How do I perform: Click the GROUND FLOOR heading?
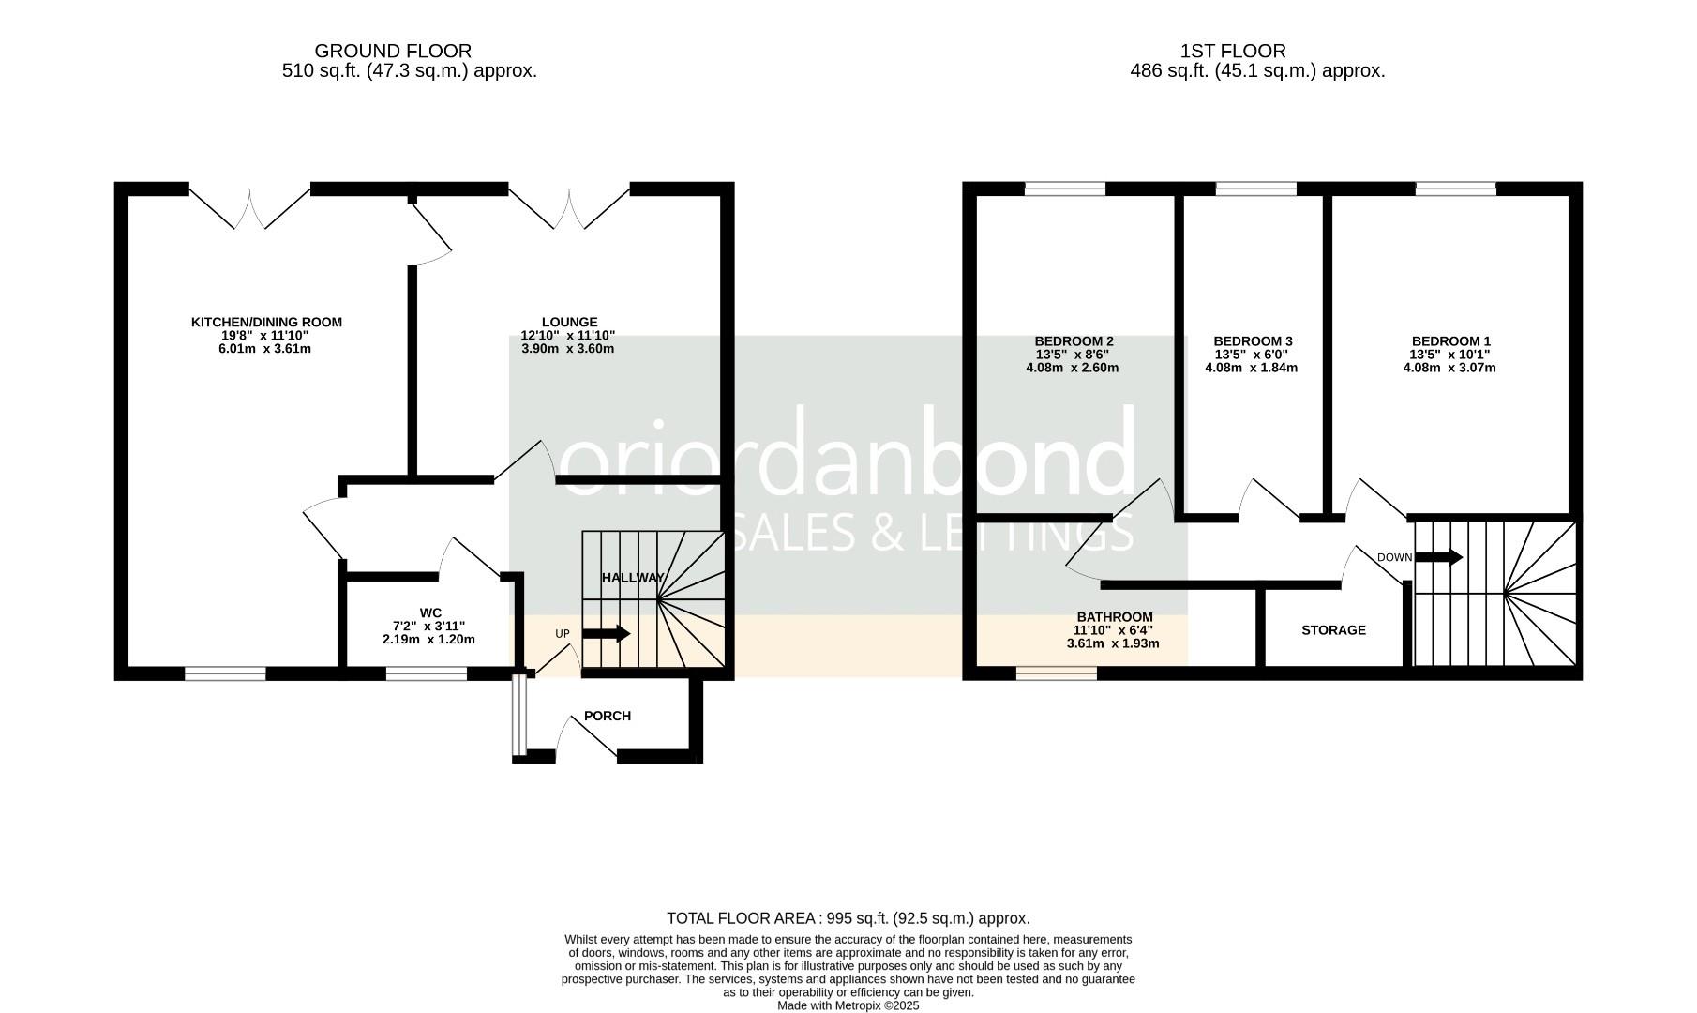[393, 51]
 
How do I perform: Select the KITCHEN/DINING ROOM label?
[266, 322]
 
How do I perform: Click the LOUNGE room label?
[568, 322]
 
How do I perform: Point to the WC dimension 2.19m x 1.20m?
[428, 640]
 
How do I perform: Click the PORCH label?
[608, 716]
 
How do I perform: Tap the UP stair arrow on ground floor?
[606, 634]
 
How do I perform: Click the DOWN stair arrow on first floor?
[1438, 557]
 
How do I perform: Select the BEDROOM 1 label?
[1450, 341]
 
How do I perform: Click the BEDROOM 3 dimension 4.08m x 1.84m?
[1252, 368]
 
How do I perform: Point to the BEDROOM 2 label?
[1074, 341]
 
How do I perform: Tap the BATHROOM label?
[1114, 617]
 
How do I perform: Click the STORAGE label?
[1333, 630]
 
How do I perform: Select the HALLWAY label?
[633, 578]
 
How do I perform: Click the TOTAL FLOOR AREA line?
[848, 918]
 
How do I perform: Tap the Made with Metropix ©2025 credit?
[848, 1005]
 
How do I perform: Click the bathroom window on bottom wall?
[1057, 673]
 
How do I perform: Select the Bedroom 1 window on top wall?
[1455, 189]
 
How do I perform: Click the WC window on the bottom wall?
[427, 673]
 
